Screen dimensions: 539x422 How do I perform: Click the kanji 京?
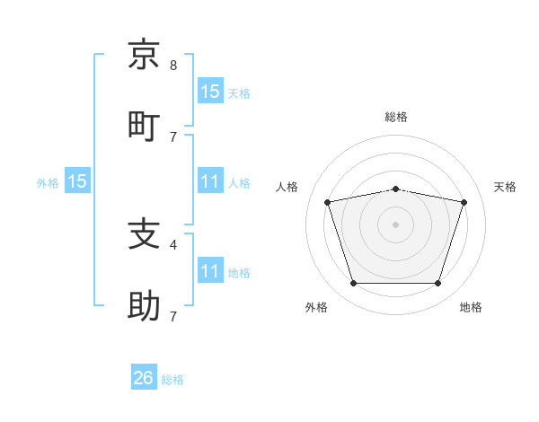pos(144,54)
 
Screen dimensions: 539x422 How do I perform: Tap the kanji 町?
pos(144,127)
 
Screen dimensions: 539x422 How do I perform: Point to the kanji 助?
pos(144,305)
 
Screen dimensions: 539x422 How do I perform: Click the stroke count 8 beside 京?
pos(173,66)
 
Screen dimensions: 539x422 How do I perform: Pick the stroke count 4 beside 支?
pos(173,245)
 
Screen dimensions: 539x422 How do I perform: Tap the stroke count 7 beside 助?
pos(173,316)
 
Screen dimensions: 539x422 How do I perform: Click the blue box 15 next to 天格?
pos(210,91)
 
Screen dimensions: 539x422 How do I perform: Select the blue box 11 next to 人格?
pos(210,180)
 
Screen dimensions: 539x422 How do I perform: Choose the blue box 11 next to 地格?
pos(210,269)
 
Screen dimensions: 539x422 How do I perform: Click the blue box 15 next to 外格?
pos(77,180)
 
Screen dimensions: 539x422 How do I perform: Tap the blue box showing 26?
pos(144,376)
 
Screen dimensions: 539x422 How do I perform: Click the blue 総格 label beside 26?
pos(172,380)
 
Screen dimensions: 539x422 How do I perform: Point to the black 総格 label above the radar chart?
pos(396,117)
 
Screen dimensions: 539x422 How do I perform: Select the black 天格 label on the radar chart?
pos(505,187)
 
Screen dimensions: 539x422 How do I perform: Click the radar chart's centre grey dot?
pos(395,224)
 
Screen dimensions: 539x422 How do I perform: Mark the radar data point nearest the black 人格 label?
pos(327,202)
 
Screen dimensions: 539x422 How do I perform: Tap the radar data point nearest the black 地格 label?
pos(438,283)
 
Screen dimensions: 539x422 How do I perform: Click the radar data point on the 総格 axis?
pos(395,189)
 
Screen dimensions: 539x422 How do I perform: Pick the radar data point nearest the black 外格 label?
pos(353,283)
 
